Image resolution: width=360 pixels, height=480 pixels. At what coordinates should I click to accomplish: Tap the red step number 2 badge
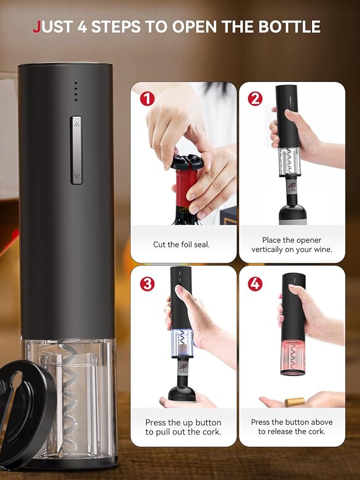(x=255, y=99)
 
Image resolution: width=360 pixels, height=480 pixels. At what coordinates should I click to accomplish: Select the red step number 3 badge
(x=147, y=283)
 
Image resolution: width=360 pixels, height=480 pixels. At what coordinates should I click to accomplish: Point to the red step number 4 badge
(x=255, y=283)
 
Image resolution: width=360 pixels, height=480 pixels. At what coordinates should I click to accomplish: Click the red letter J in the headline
(x=37, y=26)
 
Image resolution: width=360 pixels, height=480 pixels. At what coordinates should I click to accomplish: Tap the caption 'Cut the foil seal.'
(x=181, y=245)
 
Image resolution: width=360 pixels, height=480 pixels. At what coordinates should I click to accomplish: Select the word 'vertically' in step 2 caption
(x=270, y=250)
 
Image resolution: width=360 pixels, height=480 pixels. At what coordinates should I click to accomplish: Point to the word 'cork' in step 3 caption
(x=209, y=432)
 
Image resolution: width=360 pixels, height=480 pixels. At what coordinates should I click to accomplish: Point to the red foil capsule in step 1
(x=184, y=188)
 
